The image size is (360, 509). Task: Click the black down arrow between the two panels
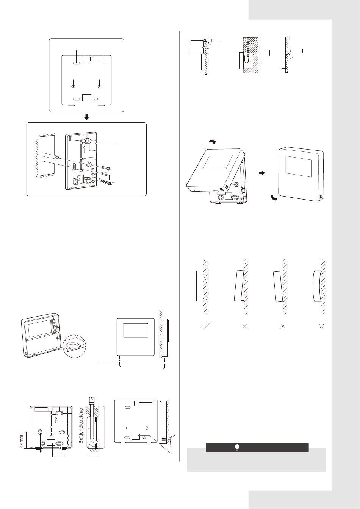coord(86,117)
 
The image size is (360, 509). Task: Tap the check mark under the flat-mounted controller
coord(205,326)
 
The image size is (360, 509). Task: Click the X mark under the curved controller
coord(322,326)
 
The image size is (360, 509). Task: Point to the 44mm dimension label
coord(22,441)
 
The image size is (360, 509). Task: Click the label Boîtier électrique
coord(81,426)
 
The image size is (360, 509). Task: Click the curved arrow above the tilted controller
coord(213,142)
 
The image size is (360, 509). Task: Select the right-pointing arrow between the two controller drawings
coord(262,173)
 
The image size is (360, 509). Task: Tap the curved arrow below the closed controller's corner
coord(274,198)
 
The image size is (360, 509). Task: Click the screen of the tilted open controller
coord(218,162)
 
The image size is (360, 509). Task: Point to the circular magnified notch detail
coord(74,346)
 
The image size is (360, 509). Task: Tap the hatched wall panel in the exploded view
coord(46,156)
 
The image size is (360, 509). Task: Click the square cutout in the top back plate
coord(87,98)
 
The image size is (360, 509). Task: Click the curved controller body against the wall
coord(317,286)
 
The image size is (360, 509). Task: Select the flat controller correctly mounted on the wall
coord(200,286)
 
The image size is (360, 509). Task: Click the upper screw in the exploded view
coord(105,168)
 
